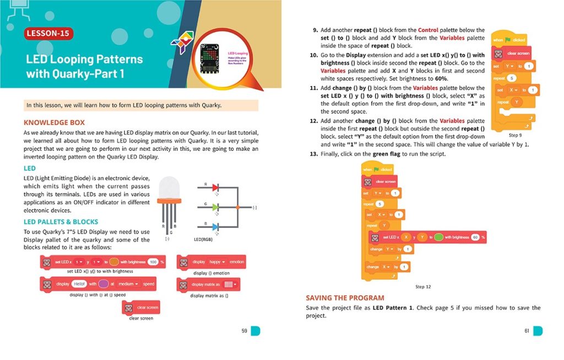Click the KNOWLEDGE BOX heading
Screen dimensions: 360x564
tap(54, 122)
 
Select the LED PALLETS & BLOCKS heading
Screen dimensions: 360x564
tap(61, 222)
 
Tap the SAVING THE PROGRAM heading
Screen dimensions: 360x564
tap(345, 298)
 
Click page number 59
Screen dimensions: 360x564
tap(245, 331)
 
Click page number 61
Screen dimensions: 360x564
tap(527, 331)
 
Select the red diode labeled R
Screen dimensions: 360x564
tap(216, 188)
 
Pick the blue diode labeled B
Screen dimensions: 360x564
tap(216, 226)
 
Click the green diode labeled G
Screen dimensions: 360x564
tap(216, 207)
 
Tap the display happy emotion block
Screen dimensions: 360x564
tap(211, 263)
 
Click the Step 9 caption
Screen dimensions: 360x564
tap(515, 135)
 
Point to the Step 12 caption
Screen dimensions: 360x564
tap(423, 287)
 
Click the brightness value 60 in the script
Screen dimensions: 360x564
tap(475, 237)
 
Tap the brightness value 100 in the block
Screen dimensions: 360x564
tap(153, 262)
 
